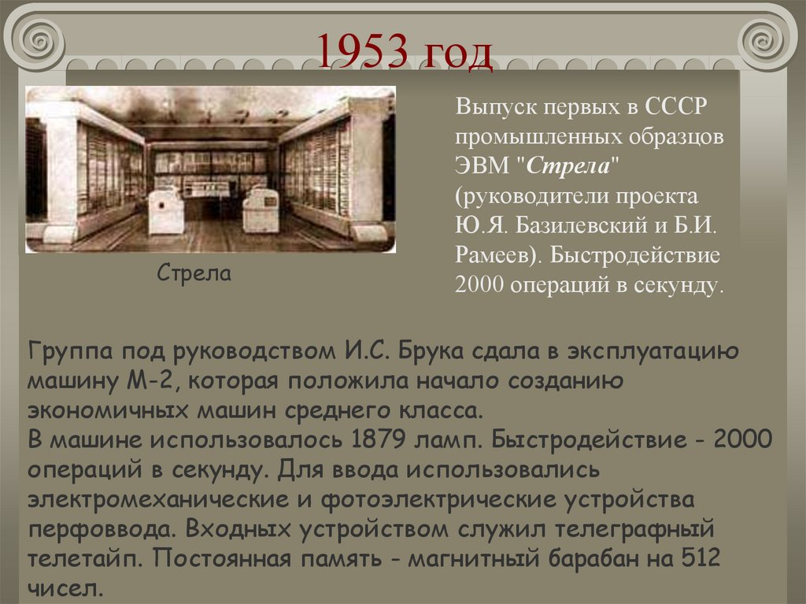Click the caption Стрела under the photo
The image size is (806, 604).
point(194,274)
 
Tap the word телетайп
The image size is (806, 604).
point(83,559)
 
